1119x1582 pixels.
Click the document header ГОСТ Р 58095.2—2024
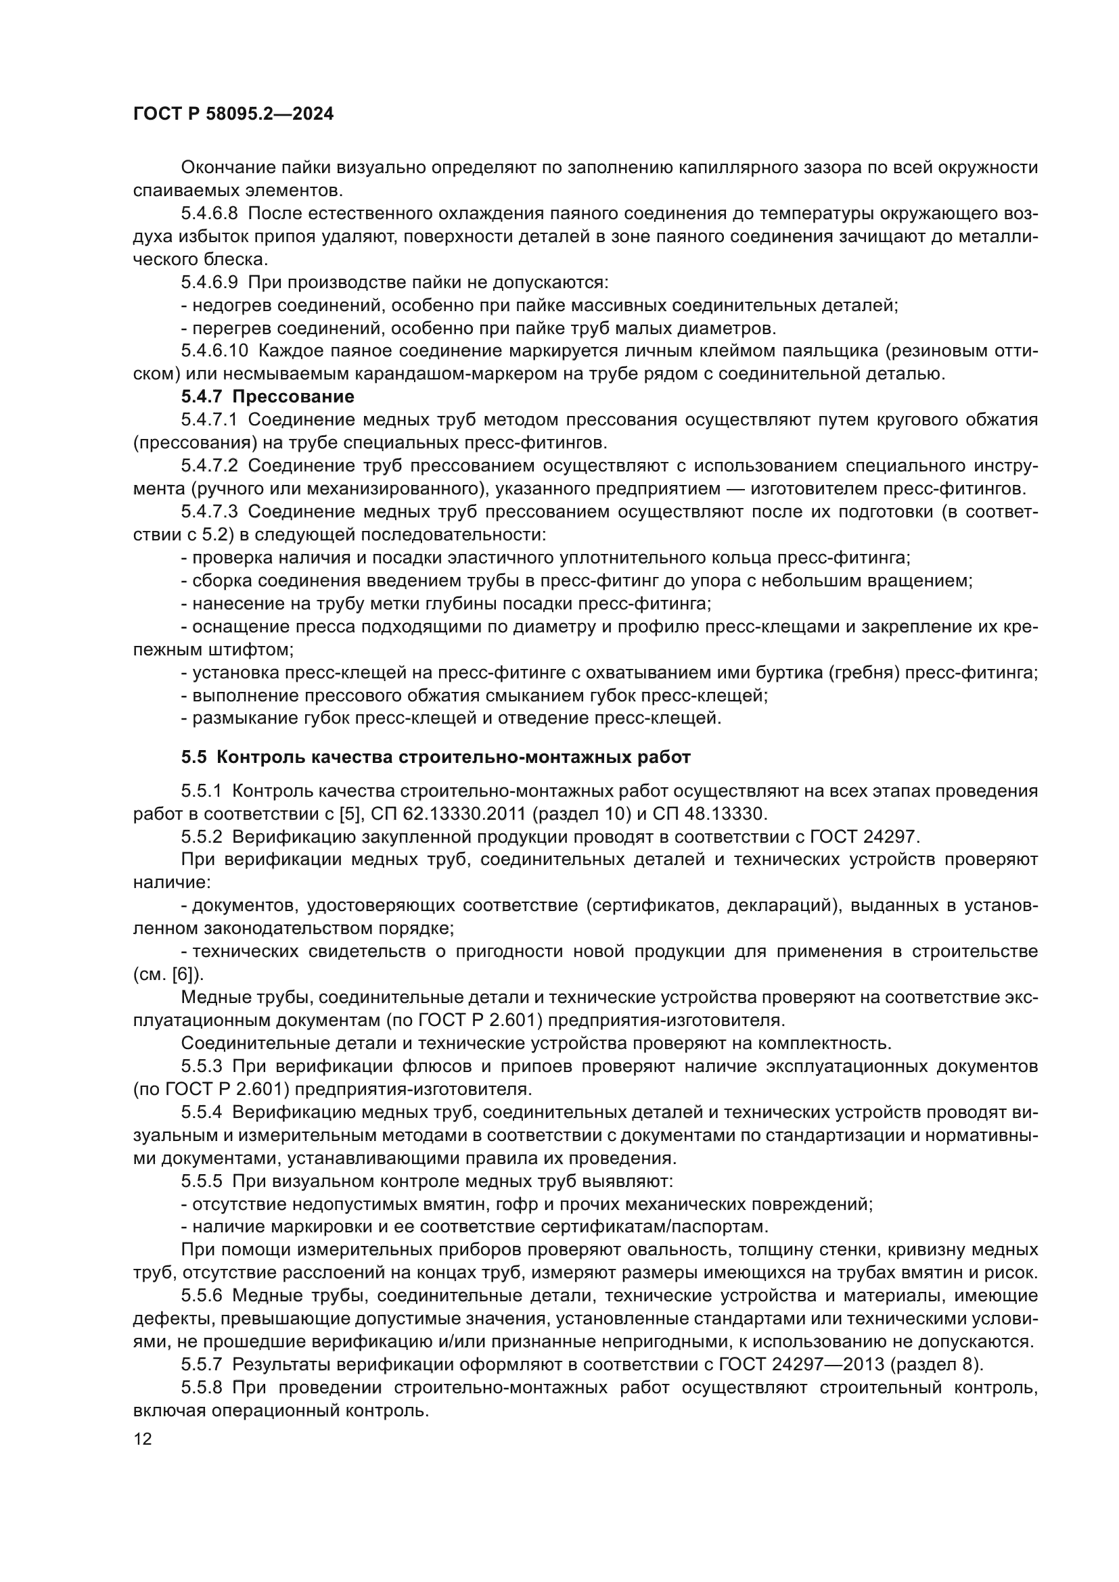pyautogui.click(x=233, y=114)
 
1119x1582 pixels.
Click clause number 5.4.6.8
pyautogui.click(x=210, y=214)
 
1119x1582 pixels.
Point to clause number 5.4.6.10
pyautogui.click(x=214, y=351)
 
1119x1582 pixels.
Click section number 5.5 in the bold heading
pyautogui.click(x=193, y=758)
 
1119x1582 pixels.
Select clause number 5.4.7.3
pyautogui.click(x=210, y=512)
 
